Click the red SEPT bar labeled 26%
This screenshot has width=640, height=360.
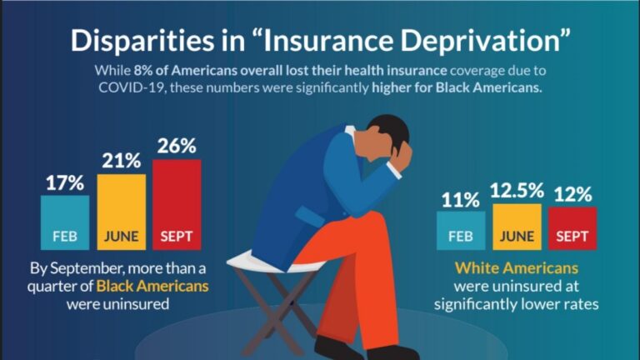(x=177, y=204)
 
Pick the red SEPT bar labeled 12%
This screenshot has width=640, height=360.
(x=572, y=228)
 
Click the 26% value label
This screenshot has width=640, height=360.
(x=176, y=146)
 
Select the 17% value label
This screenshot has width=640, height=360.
(x=65, y=182)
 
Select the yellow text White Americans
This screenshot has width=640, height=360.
(x=516, y=269)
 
